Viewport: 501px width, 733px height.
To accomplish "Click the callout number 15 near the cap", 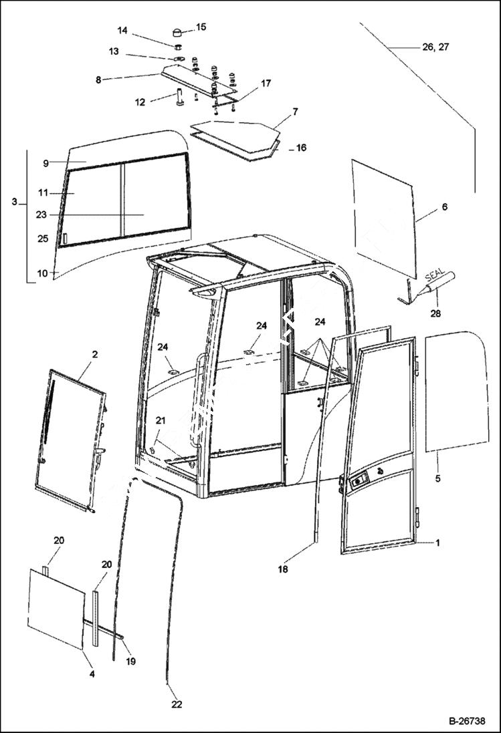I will point(201,27).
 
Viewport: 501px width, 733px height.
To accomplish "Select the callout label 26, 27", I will point(435,47).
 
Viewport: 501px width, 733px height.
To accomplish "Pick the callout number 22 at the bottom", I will point(177,704).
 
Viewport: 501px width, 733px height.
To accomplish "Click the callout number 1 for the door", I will point(437,543).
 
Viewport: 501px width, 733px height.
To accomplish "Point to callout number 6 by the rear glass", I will point(444,208).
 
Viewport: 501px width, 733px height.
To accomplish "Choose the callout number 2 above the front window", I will point(94,354).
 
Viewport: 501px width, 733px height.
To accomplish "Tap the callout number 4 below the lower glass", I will point(92,674).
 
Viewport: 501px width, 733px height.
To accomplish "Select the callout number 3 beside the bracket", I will point(15,201).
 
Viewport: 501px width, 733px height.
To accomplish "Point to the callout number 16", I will point(301,148).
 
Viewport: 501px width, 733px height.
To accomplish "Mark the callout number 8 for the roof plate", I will point(98,80).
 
